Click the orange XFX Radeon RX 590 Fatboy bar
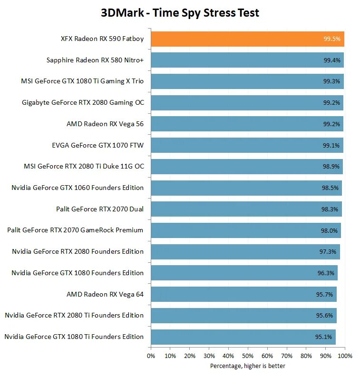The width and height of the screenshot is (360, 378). click(247, 39)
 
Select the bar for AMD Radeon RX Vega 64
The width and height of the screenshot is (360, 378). click(243, 294)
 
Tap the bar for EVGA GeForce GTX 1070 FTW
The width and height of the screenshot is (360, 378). click(247, 145)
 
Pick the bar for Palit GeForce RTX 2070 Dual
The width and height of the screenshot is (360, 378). click(246, 209)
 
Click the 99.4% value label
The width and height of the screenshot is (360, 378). click(331, 60)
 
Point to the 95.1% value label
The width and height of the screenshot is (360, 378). click(324, 337)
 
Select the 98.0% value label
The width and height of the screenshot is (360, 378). click(329, 230)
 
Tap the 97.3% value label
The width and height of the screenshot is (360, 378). click(328, 252)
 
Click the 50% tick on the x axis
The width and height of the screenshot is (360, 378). click(248, 356)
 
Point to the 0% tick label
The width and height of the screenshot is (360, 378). click(151, 356)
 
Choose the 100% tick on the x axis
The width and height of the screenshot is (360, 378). click(345, 356)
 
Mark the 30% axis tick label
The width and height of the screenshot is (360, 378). click(209, 356)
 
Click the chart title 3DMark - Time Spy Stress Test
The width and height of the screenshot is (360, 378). click(180, 12)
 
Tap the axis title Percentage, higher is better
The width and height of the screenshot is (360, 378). click(248, 366)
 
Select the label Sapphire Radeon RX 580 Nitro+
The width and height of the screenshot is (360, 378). click(95, 60)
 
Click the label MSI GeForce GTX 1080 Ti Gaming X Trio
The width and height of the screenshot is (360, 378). click(82, 81)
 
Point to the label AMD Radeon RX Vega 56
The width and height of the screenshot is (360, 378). click(105, 124)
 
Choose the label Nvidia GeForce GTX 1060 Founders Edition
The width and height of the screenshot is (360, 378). click(78, 188)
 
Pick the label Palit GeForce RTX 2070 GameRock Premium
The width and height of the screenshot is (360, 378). click(75, 230)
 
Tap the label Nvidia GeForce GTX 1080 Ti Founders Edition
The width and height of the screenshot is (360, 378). click(74, 337)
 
